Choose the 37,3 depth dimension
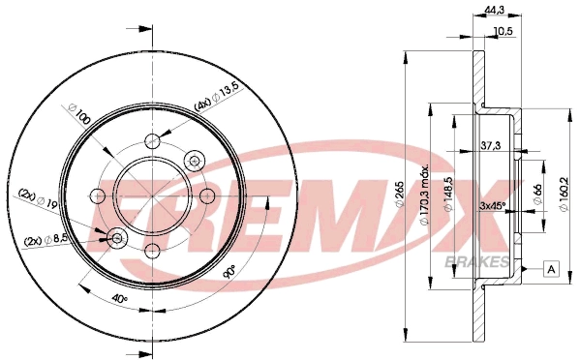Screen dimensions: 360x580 click(492, 145)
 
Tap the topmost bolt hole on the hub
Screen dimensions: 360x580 click(152, 140)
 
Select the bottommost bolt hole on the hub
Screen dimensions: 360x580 click(153, 251)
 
